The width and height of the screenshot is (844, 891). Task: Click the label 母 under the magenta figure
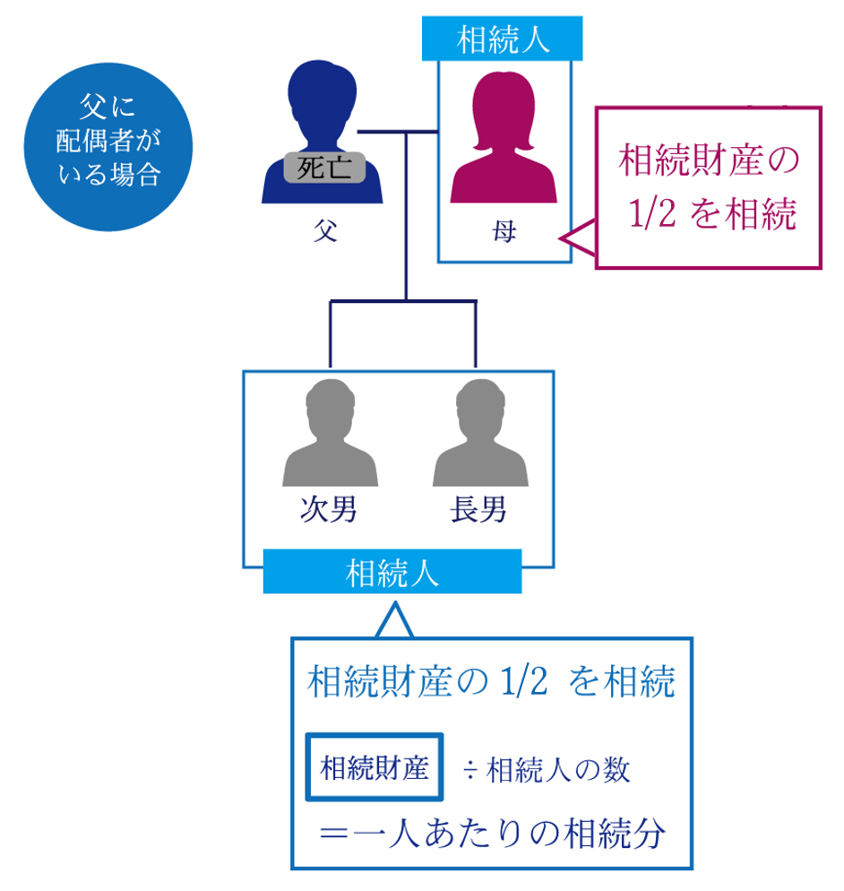pos(504,235)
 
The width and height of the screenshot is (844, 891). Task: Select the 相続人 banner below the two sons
pos(392,572)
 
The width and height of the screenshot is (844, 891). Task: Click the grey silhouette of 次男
pos(329,435)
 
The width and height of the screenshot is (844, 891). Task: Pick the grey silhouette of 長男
pos(478,435)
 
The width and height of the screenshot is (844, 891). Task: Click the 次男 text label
pos(329,510)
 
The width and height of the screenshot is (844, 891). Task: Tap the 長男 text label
pos(478,510)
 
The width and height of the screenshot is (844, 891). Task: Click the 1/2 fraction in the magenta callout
pos(651,216)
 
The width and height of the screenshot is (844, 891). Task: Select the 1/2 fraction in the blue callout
pos(518,683)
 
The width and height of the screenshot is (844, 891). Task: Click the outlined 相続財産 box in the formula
pos(375,767)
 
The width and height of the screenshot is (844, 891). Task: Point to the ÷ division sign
pos(469,769)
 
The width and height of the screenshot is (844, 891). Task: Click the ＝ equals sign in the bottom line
pos(334,835)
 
